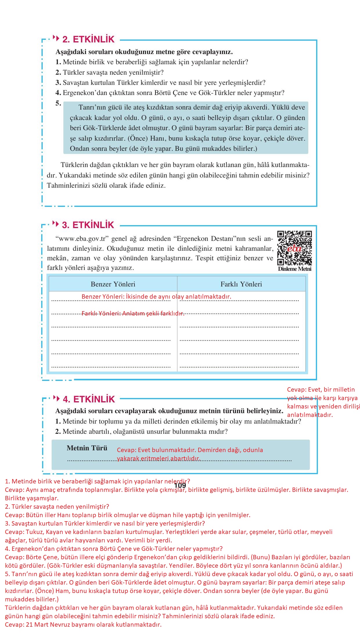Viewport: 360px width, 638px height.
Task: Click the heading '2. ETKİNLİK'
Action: [x=89, y=40]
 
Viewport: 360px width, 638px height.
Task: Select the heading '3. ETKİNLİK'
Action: [x=88, y=225]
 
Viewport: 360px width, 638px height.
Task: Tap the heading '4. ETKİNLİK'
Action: [x=89, y=399]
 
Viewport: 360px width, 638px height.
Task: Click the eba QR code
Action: [x=294, y=248]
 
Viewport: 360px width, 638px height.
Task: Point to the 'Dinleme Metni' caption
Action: [x=294, y=269]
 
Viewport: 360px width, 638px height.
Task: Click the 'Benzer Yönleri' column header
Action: [x=113, y=284]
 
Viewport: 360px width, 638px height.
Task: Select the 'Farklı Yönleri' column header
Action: [x=241, y=284]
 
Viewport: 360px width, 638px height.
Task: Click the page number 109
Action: [x=180, y=485]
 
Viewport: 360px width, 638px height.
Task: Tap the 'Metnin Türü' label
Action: [x=87, y=448]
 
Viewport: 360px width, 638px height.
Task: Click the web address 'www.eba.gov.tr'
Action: [x=82, y=239]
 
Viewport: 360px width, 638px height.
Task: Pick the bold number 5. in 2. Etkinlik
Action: [x=58, y=103]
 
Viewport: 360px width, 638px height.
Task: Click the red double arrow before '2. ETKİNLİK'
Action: [x=56, y=38]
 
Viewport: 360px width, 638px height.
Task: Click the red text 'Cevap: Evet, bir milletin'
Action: [x=321, y=390]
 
